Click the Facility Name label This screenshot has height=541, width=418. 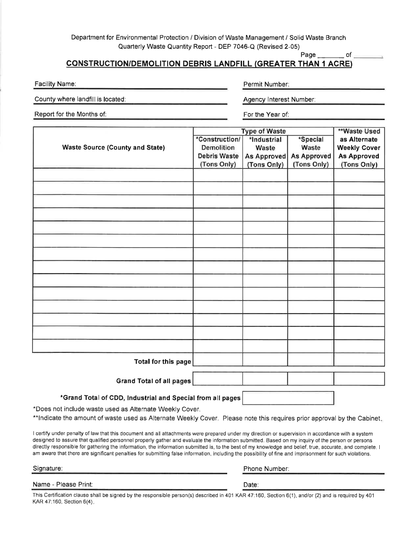coord(55,84)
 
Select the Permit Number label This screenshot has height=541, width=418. coord(266,84)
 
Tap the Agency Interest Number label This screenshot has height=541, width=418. coord(279,99)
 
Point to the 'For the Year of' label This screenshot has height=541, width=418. coord(266,114)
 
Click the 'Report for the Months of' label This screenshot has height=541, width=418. coord(70,114)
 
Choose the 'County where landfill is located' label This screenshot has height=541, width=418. coord(80,99)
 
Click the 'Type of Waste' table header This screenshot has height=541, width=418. coord(263,131)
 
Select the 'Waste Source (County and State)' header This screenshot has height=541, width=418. coord(114,147)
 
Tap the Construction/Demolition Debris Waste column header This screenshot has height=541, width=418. coord(218,152)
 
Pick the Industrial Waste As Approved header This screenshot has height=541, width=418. coord(265,152)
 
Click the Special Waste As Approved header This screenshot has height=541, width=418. coord(311,152)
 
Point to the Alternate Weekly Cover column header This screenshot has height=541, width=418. coord(359,148)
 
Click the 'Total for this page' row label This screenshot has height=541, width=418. coord(162,362)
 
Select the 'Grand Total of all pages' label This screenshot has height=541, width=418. coord(153,381)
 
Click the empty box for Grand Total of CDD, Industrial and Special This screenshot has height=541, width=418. coord(288,398)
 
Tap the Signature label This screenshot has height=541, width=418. coord(48,468)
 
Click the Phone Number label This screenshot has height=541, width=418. coord(266,469)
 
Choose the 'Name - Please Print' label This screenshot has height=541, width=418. coord(62,484)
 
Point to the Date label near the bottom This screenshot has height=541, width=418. coord(251,485)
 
